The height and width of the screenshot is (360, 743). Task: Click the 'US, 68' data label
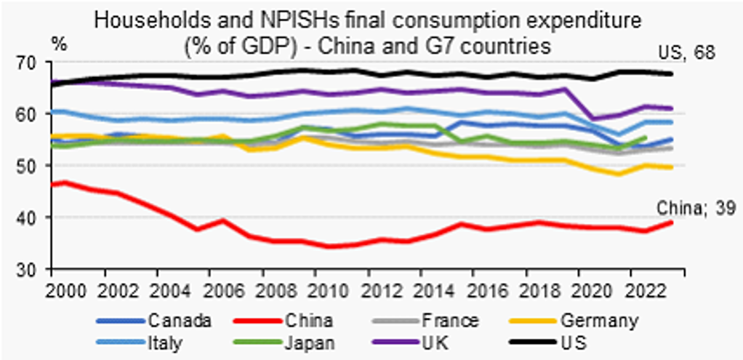tap(686, 53)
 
